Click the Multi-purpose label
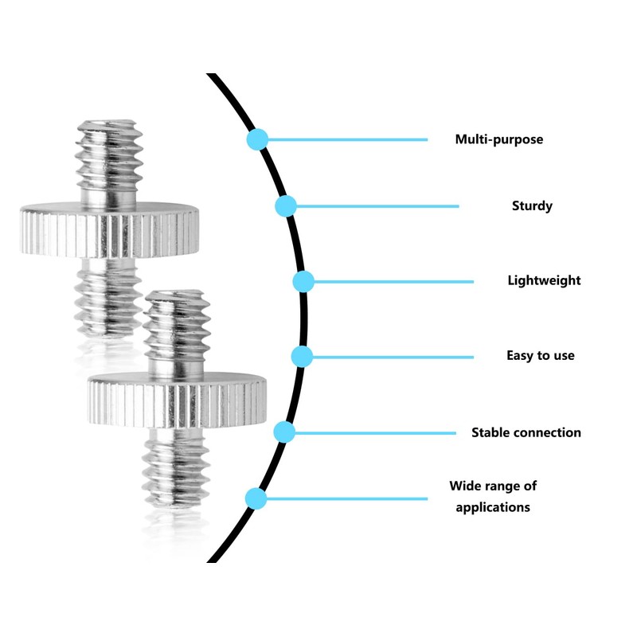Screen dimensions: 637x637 [499, 140]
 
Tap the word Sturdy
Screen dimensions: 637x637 [532, 206]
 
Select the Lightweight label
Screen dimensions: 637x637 [544, 281]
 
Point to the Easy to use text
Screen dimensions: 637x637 [541, 355]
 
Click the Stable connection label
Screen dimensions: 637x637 [526, 432]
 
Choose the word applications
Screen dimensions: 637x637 [493, 507]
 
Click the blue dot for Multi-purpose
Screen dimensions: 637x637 [257, 139]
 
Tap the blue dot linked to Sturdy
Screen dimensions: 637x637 [286, 206]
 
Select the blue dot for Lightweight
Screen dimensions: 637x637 [303, 281]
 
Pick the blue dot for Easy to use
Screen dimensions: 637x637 [303, 357]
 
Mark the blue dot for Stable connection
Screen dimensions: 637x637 [284, 432]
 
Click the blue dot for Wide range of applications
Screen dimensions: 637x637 [256, 498]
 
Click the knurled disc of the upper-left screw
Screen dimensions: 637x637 [109, 230]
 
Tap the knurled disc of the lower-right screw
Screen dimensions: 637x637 [177, 401]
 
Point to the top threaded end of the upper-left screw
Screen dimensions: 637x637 [109, 161]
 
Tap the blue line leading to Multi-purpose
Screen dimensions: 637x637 [348, 140]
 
